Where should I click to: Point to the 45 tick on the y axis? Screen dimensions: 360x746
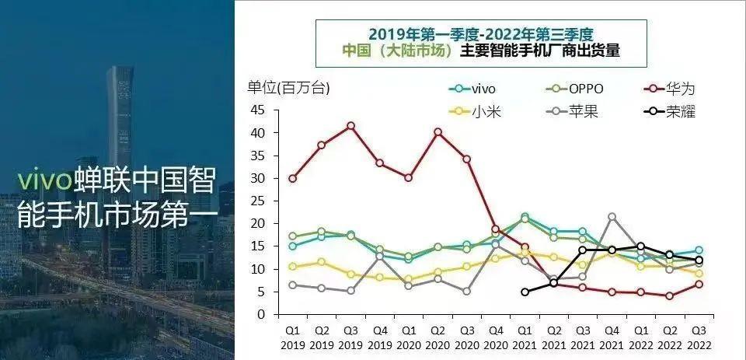click(x=256, y=110)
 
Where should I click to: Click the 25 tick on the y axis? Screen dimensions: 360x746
click(x=256, y=201)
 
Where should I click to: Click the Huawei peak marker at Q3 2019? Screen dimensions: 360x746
click(x=351, y=126)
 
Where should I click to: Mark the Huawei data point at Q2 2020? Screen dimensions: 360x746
click(x=438, y=132)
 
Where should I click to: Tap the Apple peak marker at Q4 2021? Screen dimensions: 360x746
click(x=612, y=217)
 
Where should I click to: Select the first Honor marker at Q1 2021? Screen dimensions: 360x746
click(x=525, y=292)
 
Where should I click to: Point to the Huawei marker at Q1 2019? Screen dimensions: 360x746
click(x=292, y=178)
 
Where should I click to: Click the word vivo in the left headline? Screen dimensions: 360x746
click(x=45, y=180)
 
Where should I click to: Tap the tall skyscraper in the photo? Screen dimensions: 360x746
click(x=120, y=117)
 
